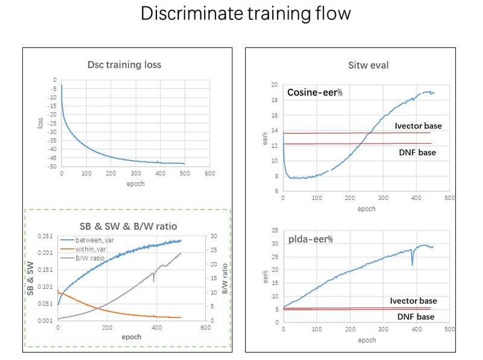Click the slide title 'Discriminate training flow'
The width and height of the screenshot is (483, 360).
tap(245, 14)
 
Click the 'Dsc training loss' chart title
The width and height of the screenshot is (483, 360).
tap(125, 65)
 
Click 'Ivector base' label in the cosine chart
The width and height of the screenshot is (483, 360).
tap(418, 126)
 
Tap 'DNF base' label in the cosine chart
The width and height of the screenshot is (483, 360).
tap(417, 152)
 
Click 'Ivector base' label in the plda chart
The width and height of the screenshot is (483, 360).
tap(414, 301)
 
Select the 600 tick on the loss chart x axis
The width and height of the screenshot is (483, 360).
tap(209, 174)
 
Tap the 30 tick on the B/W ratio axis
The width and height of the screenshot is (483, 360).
tap(213, 236)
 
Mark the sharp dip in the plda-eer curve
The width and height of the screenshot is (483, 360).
tap(412, 265)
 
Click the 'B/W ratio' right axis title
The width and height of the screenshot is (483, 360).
tap(224, 278)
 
